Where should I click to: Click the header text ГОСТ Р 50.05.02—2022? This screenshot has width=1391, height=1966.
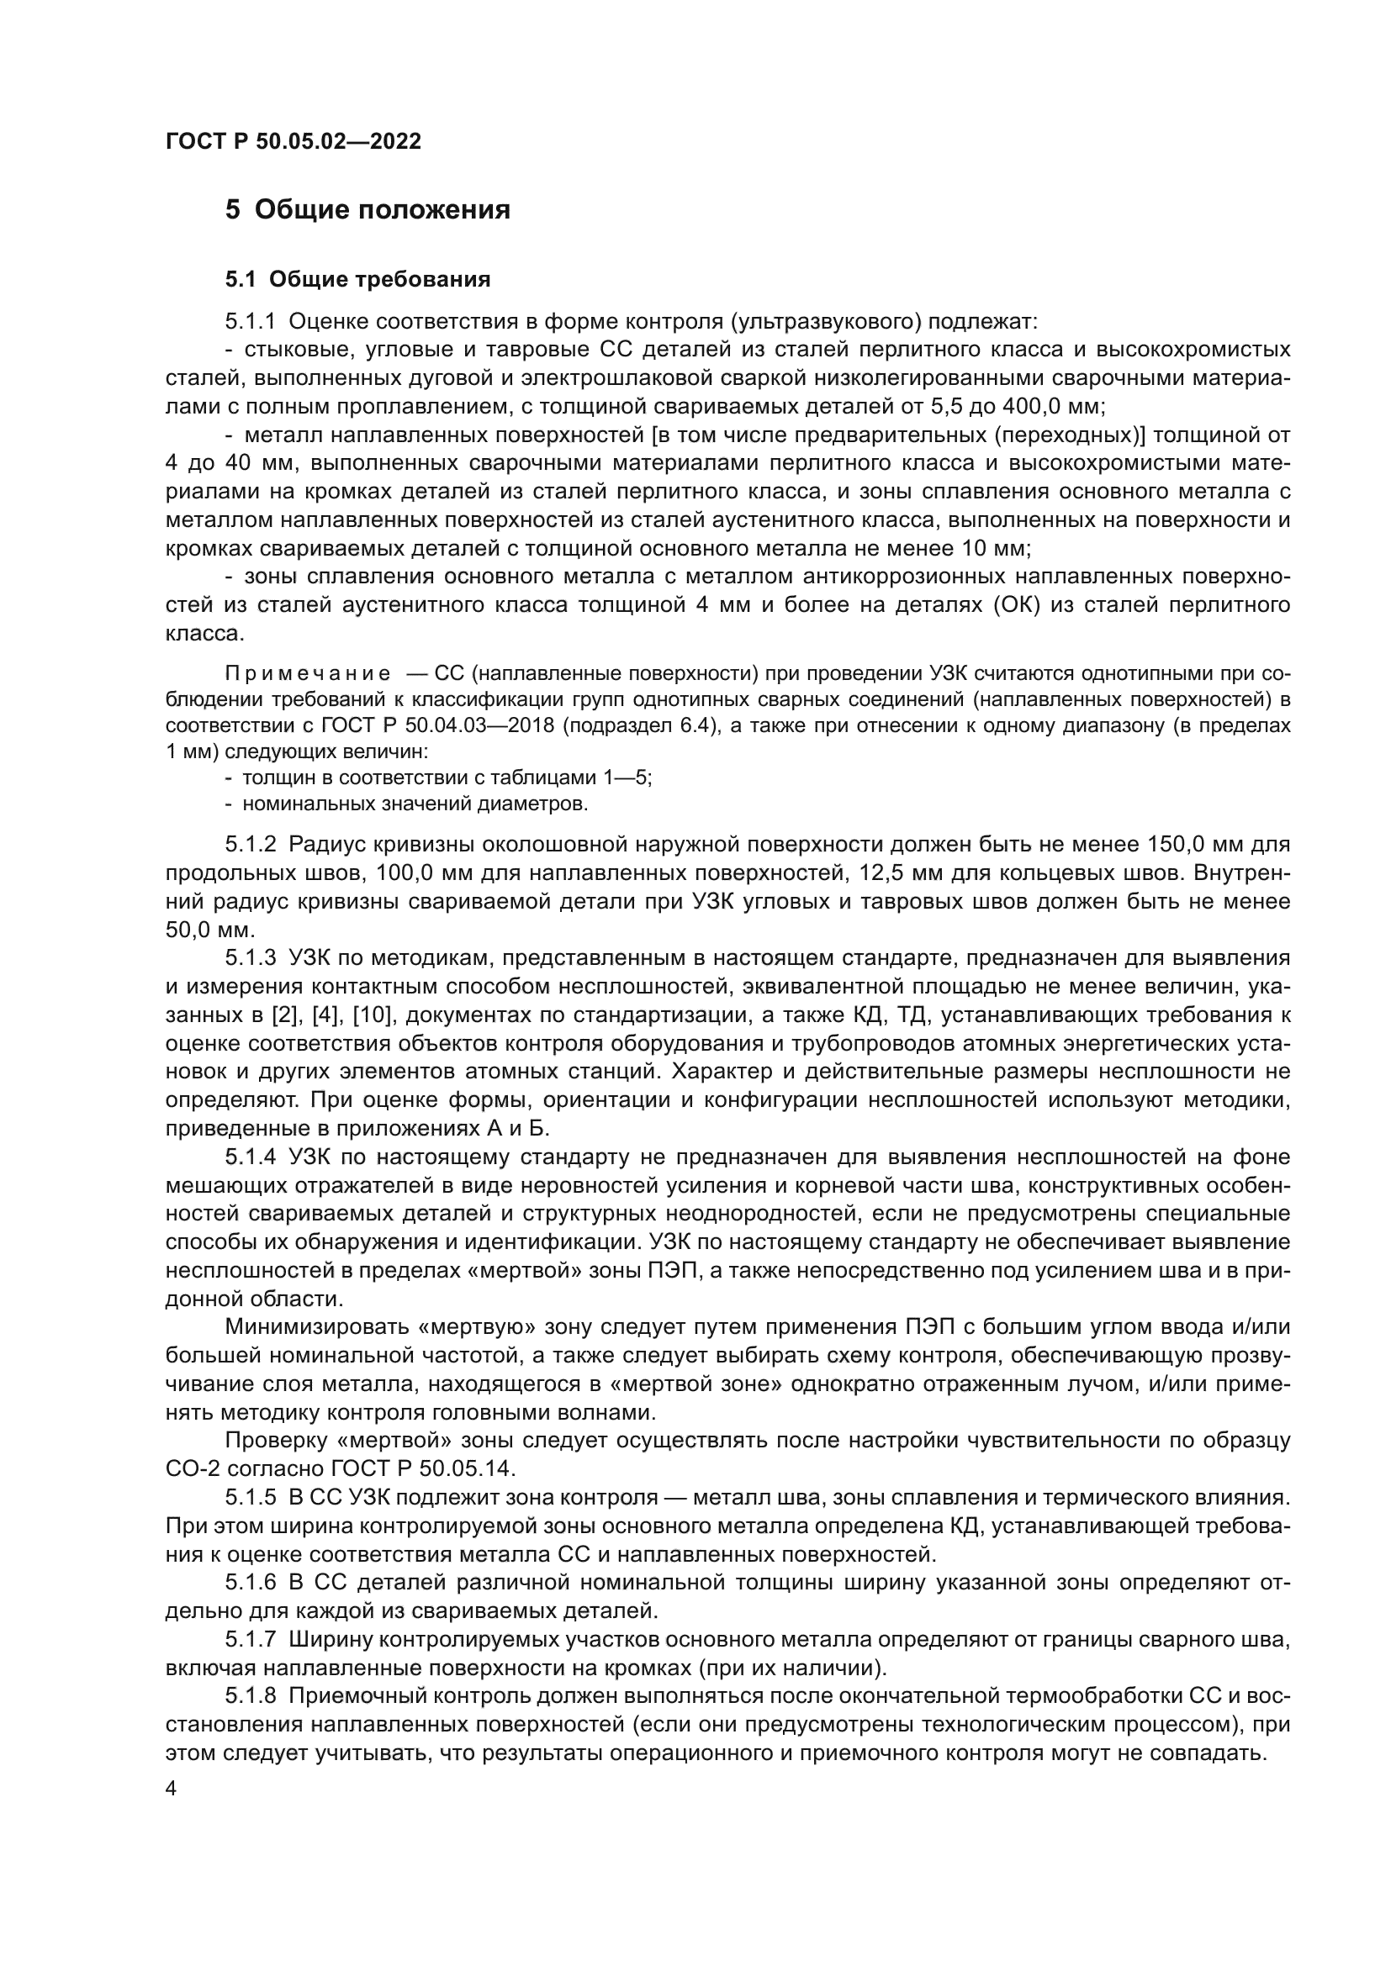(x=293, y=142)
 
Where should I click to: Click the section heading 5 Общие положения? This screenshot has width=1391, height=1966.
(x=368, y=210)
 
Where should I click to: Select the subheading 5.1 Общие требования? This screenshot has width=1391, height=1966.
(x=357, y=279)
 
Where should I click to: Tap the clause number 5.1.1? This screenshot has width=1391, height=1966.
(x=250, y=322)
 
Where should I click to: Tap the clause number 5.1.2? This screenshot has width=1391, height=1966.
(x=250, y=844)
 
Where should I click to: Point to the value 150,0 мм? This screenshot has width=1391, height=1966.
(x=1197, y=844)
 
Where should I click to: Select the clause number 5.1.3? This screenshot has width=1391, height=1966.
(x=250, y=958)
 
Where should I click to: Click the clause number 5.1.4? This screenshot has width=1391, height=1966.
(x=250, y=1157)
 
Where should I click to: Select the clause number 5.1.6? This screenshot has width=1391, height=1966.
(x=250, y=1584)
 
